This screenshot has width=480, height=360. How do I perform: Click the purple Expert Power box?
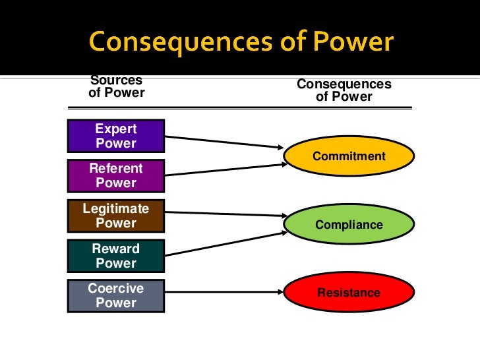[x=116, y=136]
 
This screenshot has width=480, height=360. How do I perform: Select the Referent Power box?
[x=116, y=175]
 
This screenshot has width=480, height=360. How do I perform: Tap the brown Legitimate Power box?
[x=116, y=216]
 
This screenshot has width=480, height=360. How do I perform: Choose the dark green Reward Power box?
[x=116, y=256]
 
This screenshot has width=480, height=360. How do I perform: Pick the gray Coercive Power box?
[x=116, y=296]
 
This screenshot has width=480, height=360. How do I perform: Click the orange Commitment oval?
[x=349, y=157]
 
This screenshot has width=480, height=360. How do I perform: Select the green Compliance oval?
[x=349, y=225]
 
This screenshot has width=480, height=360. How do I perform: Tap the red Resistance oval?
[x=349, y=292]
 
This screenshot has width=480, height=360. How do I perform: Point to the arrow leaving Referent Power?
[x=224, y=169]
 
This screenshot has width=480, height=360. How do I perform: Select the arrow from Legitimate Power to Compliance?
[x=224, y=214]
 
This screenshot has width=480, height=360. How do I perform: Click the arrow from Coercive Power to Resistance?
[x=224, y=289]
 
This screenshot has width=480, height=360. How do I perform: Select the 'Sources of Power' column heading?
[x=116, y=86]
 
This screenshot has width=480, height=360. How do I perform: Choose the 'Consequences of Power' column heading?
[x=344, y=91]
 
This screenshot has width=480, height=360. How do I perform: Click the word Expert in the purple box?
[x=116, y=129]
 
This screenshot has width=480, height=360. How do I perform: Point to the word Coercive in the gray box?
[x=116, y=289]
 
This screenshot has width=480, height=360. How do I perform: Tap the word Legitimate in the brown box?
[x=116, y=208]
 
